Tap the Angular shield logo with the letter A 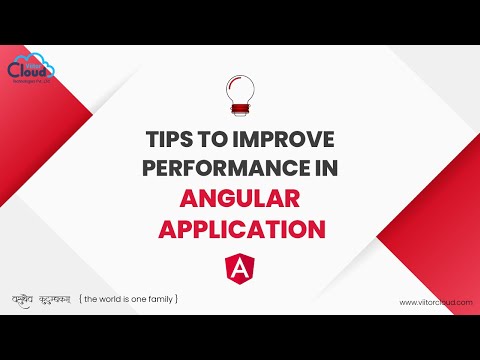pyautogui.click(x=239, y=268)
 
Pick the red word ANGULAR pyautogui.click(x=239, y=198)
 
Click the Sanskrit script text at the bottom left pyautogui.click(x=44, y=298)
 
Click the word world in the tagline pyautogui.click(x=108, y=299)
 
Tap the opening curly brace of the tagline pyautogui.click(x=81, y=299)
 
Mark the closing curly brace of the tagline pyautogui.click(x=177, y=299)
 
